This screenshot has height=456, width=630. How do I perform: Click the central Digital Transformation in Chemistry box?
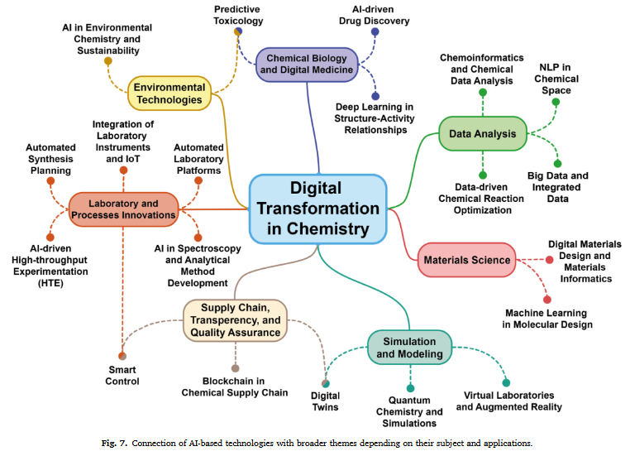[318, 209]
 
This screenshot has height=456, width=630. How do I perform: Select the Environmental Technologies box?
[169, 93]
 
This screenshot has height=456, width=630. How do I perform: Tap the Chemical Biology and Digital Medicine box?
[307, 64]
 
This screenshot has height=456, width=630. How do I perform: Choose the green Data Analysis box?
[482, 133]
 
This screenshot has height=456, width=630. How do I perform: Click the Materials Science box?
[466, 260]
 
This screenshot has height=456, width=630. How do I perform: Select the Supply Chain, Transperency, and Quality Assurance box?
[236, 320]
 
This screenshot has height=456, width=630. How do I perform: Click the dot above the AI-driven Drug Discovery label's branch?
[375, 32]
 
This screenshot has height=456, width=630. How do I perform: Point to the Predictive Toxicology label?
[237, 14]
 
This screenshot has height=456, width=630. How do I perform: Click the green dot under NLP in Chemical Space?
[556, 103]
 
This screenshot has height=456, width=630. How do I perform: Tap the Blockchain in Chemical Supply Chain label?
[235, 386]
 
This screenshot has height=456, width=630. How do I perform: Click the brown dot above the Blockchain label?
[236, 367]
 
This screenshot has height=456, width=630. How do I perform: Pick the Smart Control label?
[123, 375]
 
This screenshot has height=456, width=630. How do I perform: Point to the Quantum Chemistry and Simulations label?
[410, 411]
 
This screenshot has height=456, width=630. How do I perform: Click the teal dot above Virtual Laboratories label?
[506, 382]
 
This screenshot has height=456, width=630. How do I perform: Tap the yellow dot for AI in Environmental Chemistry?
[108, 60]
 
